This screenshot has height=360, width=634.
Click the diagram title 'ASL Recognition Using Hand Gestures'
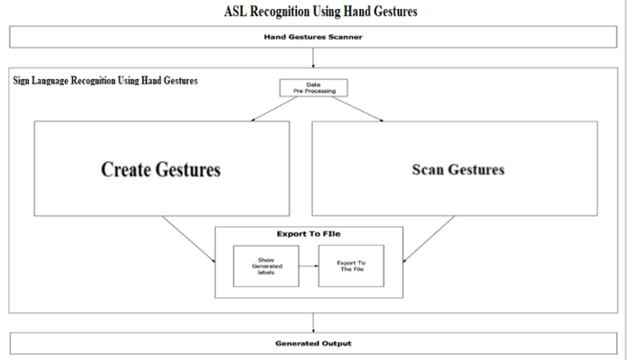point(321,12)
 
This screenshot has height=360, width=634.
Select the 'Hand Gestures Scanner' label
point(313,37)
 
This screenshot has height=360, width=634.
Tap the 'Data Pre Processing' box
point(313,87)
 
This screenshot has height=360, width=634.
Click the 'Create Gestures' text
point(161,169)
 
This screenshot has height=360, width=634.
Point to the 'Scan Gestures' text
point(458,169)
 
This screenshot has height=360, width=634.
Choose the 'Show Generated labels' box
point(266,266)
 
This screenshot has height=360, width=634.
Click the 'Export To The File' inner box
point(351,265)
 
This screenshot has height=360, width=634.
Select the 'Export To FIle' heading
point(309,234)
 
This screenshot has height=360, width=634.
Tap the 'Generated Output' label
point(313,344)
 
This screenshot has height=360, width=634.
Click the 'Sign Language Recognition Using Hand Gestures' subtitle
point(105,80)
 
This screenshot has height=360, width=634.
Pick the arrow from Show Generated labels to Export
point(309,265)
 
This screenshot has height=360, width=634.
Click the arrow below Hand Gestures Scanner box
point(313,58)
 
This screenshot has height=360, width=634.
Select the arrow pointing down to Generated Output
point(313,323)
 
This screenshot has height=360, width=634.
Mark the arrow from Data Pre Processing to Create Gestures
point(274,109)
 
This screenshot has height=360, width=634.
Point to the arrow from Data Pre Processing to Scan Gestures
point(358,109)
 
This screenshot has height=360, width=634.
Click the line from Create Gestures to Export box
point(188,239)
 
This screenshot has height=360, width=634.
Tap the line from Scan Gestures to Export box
point(429,239)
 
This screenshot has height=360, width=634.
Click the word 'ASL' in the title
point(235,12)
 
